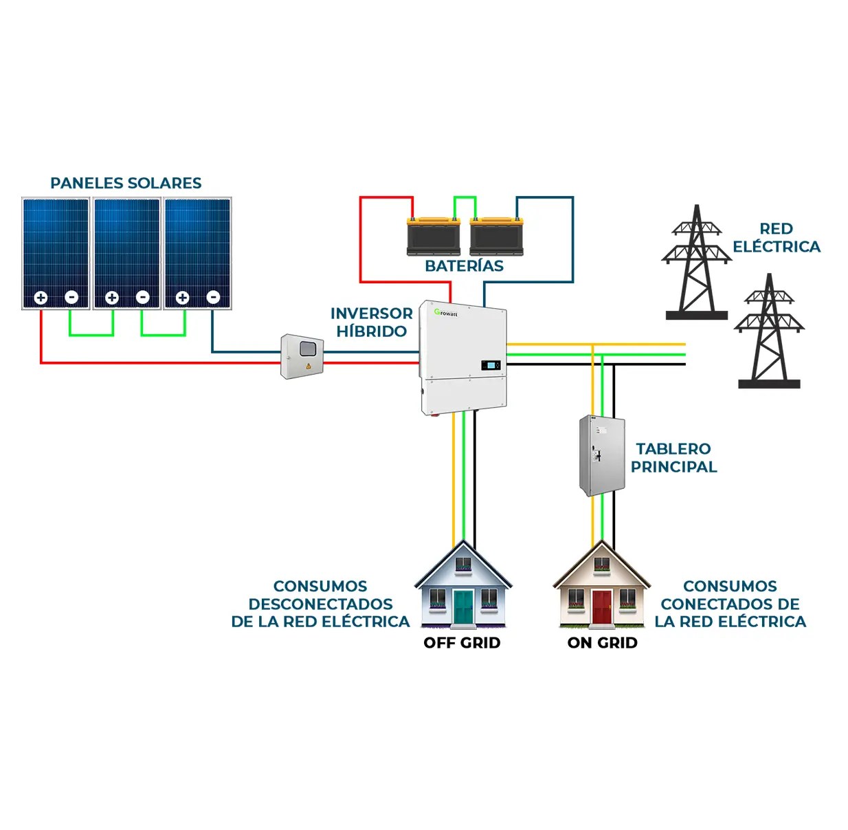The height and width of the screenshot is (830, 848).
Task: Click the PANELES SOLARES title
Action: pos(126,183)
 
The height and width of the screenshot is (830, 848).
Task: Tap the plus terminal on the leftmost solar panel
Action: pos(41,298)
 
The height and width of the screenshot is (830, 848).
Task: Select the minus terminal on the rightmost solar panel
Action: pos(213,297)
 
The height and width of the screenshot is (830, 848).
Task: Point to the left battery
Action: pos(433,236)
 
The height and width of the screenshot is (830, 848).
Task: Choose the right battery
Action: pos(496,236)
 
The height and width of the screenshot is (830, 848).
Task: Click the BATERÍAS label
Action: pos(464,266)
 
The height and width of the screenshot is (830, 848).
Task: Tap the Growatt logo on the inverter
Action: pos(445,313)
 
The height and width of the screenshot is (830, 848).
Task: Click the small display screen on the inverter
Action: pos(489,364)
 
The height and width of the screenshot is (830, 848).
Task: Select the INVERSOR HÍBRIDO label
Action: pos(371,322)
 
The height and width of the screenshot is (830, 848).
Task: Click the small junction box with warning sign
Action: pos(302,356)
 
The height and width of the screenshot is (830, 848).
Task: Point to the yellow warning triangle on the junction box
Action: pos(309,366)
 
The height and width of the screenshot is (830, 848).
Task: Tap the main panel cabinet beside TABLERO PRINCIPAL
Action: pos(601,455)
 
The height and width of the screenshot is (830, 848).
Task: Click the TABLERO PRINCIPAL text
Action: pos(673,458)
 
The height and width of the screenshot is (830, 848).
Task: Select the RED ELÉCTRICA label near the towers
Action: pos(776,238)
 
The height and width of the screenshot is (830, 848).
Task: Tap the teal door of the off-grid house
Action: pos(463,607)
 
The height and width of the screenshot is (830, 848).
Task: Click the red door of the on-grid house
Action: pos(602,607)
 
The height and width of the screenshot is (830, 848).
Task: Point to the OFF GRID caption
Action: pos(462,643)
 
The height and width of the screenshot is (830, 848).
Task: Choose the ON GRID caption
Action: pos(602,643)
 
